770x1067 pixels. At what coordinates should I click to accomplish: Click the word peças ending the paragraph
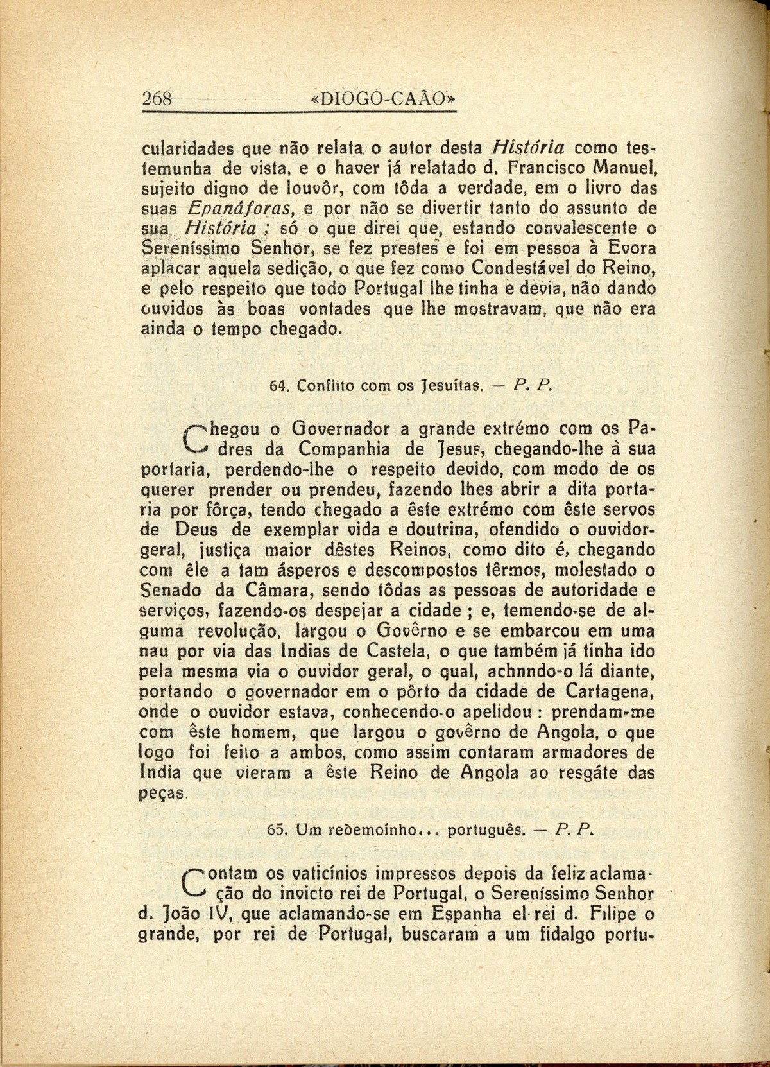162,793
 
